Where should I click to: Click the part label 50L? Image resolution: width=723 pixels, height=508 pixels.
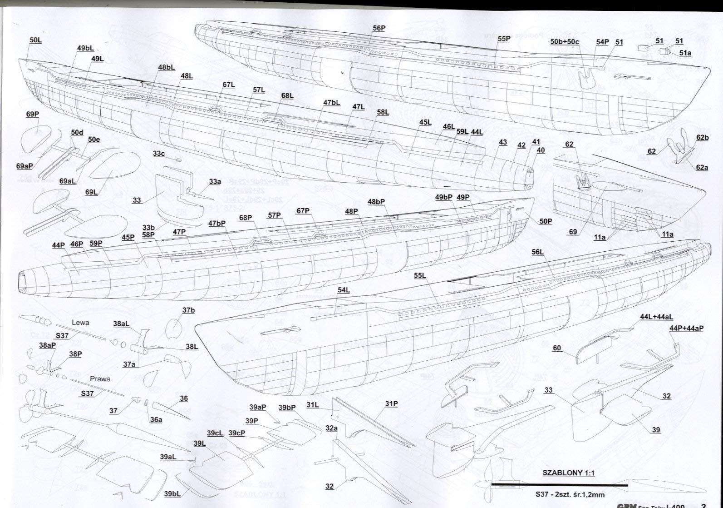(x=35, y=40)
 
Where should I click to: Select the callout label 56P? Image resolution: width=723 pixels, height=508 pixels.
(x=379, y=28)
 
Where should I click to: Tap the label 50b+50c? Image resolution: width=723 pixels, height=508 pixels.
(x=565, y=42)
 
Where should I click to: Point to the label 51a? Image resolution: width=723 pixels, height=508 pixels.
(x=685, y=53)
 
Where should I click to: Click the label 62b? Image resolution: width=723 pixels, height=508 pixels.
(x=702, y=138)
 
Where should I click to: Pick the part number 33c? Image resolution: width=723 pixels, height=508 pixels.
(x=159, y=154)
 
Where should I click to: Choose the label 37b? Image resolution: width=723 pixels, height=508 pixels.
(x=188, y=310)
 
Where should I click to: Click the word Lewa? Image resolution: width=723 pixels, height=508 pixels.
(x=80, y=323)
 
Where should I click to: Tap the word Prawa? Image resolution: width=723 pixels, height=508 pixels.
(x=100, y=379)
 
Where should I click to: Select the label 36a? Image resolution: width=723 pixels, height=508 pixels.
(x=156, y=420)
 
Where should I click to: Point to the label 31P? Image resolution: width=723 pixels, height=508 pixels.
(x=391, y=403)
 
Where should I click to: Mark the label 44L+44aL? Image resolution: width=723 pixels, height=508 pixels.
(x=657, y=317)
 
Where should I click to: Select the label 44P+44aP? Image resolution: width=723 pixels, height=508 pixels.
(x=686, y=328)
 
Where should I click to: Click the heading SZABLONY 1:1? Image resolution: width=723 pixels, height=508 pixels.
(x=569, y=473)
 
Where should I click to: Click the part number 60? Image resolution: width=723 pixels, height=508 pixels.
(x=557, y=348)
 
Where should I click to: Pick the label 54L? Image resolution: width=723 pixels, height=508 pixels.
(x=344, y=290)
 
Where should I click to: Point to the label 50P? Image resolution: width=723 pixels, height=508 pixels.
(x=546, y=221)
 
